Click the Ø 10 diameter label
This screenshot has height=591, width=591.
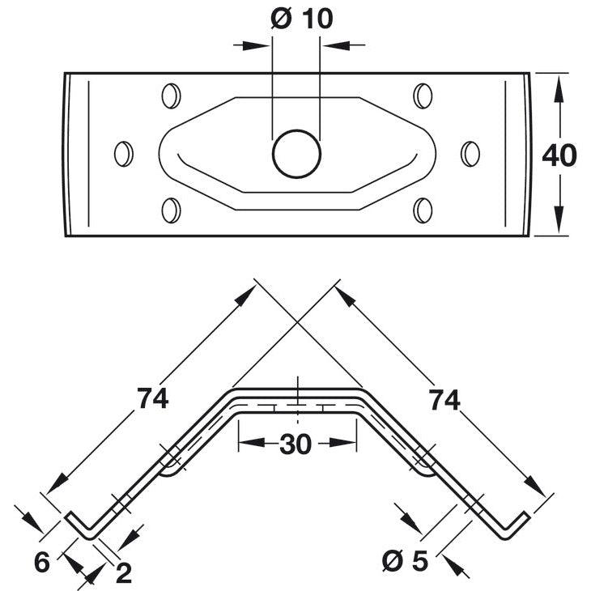302,19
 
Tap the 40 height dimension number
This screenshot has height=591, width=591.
559,155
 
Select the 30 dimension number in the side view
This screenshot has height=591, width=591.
295,444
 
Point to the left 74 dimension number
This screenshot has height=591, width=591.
152,398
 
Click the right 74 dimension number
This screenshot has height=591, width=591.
444,400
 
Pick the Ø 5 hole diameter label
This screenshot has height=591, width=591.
405,560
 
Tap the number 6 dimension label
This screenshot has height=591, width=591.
42,562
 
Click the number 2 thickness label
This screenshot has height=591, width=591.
124,573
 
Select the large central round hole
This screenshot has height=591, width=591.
296,154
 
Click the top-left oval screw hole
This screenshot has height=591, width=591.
171,96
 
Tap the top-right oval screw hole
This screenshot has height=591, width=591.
423,96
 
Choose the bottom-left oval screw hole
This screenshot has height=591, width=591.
171,210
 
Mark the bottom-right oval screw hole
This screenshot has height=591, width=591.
423,210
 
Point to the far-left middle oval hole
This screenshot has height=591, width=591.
124,154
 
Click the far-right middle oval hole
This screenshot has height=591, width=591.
470,154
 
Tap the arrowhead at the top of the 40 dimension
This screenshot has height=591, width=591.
559,88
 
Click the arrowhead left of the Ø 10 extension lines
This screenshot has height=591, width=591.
256,46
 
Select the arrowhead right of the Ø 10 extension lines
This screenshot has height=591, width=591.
336,45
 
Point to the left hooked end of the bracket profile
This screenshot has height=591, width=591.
81,525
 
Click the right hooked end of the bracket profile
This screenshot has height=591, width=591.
514,525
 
